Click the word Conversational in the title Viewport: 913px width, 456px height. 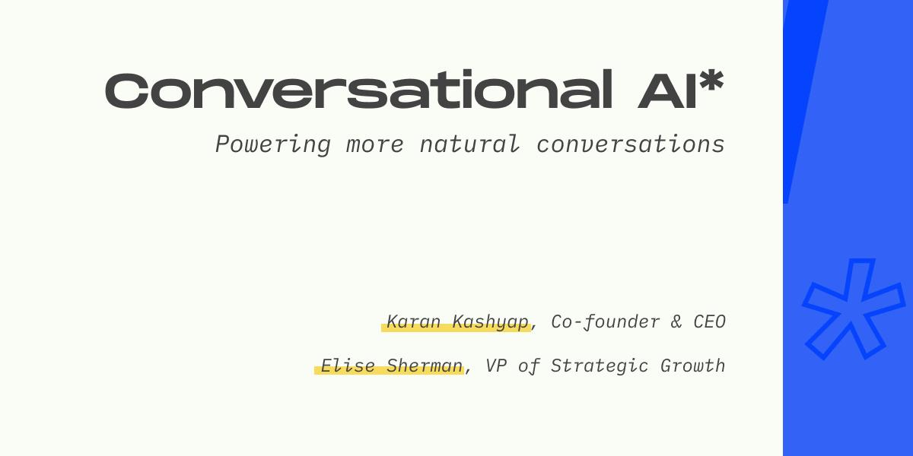click(358, 90)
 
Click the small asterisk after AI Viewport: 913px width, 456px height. click(711, 81)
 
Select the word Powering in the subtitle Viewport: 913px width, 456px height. click(272, 145)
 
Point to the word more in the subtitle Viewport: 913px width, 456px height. click(374, 145)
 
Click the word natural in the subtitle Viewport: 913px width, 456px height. click(469, 144)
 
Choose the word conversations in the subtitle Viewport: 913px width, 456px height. click(631, 144)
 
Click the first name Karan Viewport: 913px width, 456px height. click(413, 321)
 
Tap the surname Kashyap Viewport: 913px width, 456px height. click(490, 322)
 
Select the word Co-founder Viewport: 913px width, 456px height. click(606, 322)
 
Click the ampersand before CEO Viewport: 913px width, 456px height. click(676, 321)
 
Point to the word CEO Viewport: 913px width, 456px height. click(709, 321)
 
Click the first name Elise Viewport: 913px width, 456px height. click(348, 366)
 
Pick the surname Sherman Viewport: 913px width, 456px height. click(425, 366)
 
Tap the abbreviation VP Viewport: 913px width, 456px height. click(496, 366)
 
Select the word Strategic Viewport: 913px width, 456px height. click(600, 366)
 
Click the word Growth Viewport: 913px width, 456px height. click(693, 366)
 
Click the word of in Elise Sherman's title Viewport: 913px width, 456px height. click(529, 366)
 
